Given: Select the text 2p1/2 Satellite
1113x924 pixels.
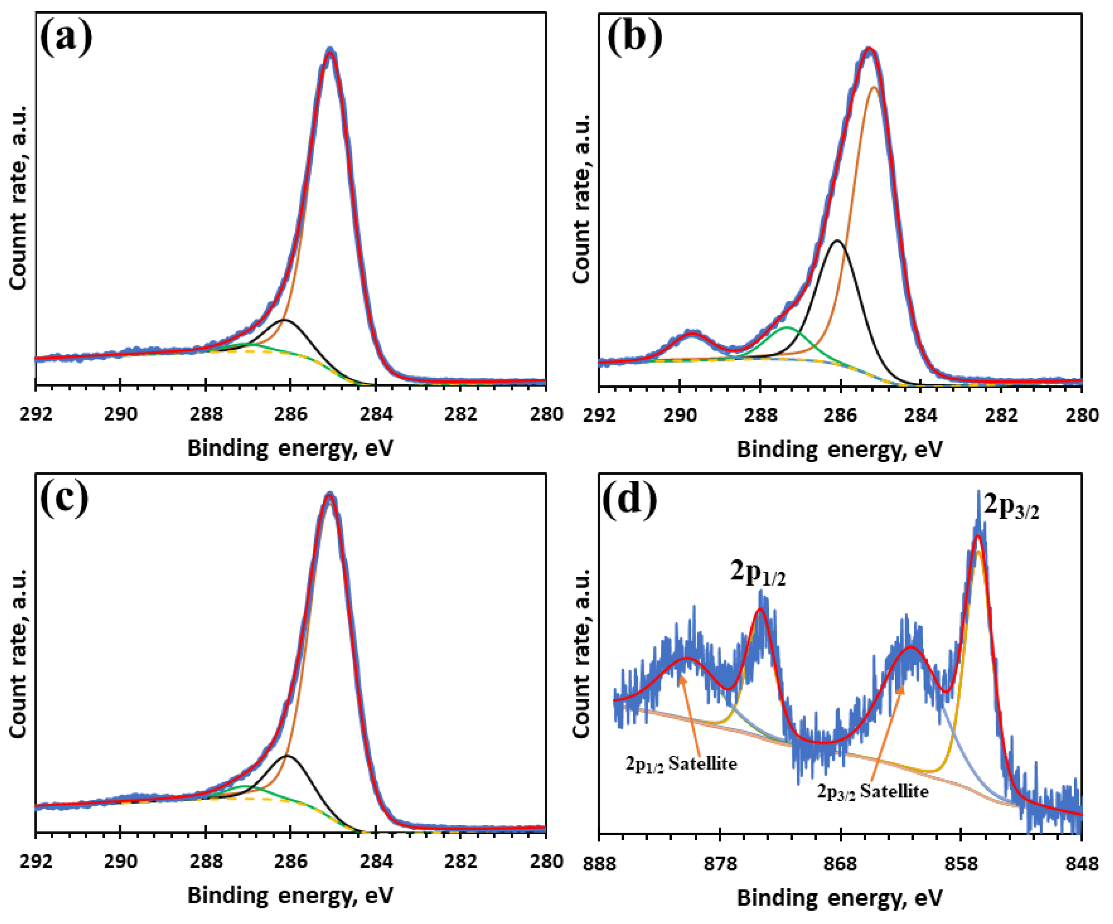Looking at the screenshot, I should point(681,764).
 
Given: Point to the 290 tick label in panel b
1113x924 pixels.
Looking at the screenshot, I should point(680,415).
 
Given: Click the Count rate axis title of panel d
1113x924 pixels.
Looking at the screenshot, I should point(582,655).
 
